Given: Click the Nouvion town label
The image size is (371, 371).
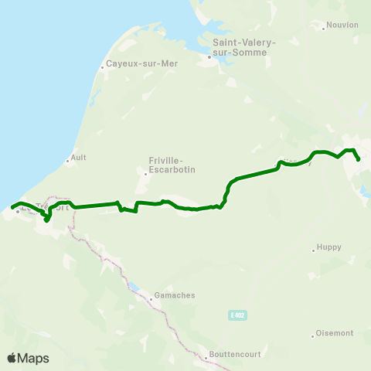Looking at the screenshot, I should point(342,25).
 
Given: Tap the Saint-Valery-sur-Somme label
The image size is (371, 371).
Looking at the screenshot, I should point(239,47).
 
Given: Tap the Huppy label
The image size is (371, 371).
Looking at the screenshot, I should point(326,250).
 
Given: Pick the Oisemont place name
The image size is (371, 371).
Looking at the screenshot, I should point(335,333).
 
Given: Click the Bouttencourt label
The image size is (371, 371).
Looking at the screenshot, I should point(235,356).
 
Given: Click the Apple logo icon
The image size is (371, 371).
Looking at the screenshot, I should point(12,358).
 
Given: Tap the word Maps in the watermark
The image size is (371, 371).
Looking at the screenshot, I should point(33,358).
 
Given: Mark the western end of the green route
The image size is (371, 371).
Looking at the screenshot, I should point(12,206).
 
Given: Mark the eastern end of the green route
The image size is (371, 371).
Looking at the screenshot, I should point(359,159).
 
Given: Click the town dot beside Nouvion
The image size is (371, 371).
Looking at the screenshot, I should point(323,29).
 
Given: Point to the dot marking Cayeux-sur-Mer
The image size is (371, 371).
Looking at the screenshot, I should point(102,67).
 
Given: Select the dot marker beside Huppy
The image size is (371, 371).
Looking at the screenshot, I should point(312,250).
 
